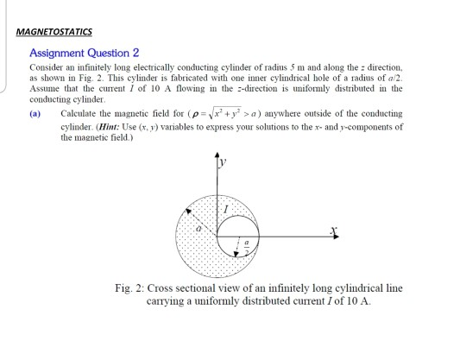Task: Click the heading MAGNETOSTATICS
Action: click(54, 32)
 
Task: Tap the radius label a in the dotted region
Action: click(198, 230)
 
